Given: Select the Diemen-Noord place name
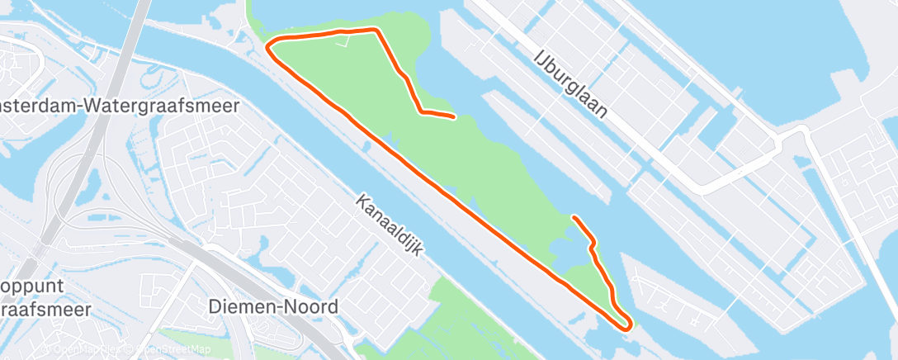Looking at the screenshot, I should [x=272, y=307].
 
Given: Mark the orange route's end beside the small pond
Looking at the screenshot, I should [x=574, y=217].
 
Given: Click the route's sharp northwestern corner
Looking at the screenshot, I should [x=267, y=48].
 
